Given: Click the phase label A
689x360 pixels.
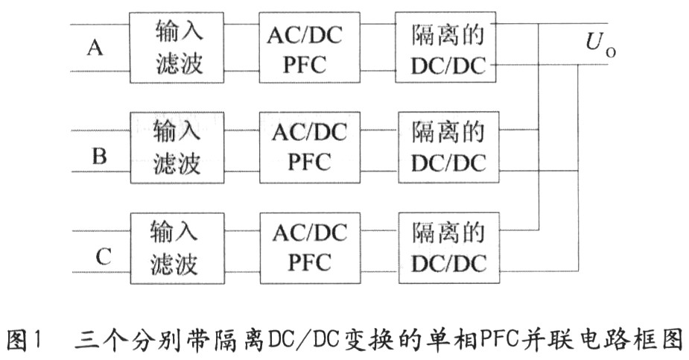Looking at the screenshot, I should tap(95, 48).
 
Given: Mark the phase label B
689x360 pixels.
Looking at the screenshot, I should tap(98, 156).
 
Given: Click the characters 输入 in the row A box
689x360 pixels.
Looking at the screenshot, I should tap(179, 32).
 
